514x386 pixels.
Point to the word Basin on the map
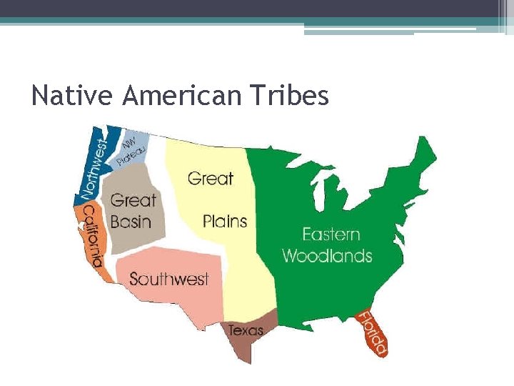131,221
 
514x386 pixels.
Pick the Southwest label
168,278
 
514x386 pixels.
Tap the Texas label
246,331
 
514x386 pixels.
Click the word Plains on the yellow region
224,221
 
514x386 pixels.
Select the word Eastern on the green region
331,234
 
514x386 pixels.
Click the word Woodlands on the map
328,255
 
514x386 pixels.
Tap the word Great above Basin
133,200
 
